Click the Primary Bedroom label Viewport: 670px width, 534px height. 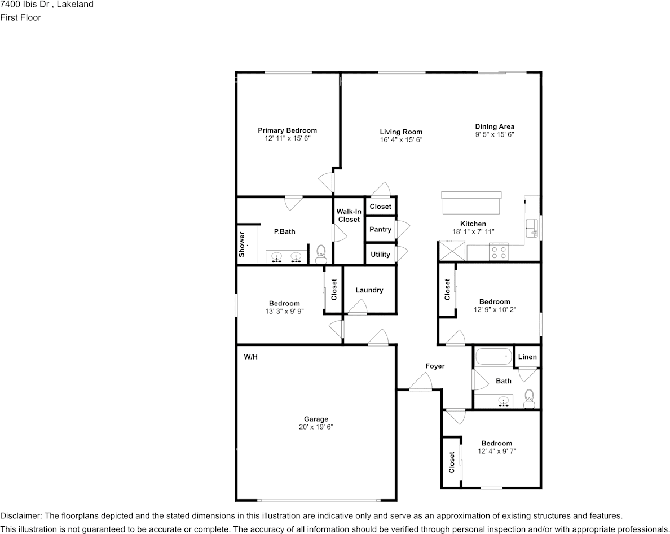(287, 130)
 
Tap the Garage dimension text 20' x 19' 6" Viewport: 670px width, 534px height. (316, 427)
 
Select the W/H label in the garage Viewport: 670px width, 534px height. (250, 357)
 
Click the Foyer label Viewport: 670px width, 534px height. (435, 366)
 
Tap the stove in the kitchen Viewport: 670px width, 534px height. (499, 252)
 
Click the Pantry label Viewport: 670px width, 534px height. (380, 230)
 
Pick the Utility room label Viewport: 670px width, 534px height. (380, 255)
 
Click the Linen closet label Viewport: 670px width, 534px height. (527, 357)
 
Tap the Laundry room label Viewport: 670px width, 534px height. (369, 290)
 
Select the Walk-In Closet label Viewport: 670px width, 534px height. (349, 216)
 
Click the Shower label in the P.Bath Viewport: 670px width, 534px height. (242, 244)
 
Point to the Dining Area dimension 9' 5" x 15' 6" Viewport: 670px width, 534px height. (495, 135)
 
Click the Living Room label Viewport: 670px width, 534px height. (401, 132)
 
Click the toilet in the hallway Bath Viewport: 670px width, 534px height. (528, 399)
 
